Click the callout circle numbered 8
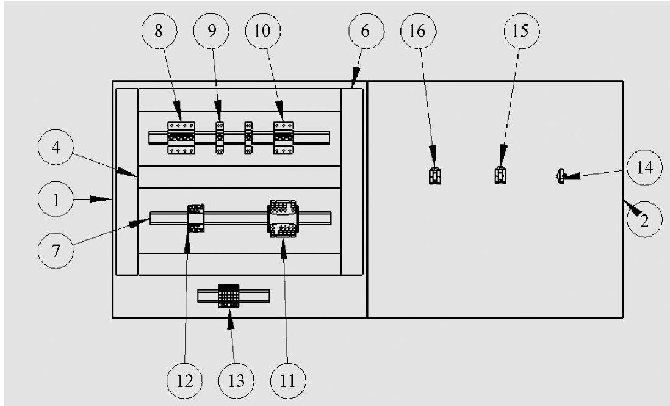click(x=159, y=31)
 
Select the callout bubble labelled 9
click(x=212, y=31)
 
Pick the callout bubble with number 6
click(x=365, y=31)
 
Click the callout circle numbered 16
click(x=418, y=31)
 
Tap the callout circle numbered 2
click(x=643, y=220)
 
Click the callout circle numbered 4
click(x=56, y=148)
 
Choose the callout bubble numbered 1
click(x=56, y=200)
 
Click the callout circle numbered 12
click(x=186, y=381)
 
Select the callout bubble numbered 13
click(x=237, y=381)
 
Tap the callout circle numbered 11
click(x=288, y=381)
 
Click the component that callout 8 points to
click(x=181, y=137)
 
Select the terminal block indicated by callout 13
click(x=231, y=297)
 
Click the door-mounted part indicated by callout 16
click(x=434, y=176)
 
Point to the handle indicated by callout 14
click(x=562, y=177)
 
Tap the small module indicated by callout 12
click(x=195, y=218)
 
